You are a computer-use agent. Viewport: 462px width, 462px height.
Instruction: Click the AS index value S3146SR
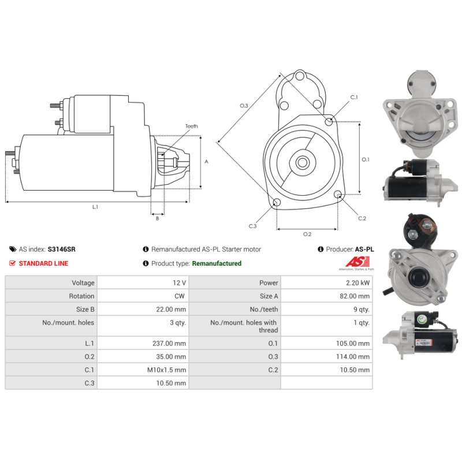[61, 249]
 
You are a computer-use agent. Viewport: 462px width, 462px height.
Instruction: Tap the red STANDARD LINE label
[43, 263]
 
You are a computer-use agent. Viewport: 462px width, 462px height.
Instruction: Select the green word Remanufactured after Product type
[217, 263]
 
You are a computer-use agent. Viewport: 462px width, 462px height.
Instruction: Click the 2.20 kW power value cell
[357, 283]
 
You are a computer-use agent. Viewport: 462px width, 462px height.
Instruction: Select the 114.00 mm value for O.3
[354, 357]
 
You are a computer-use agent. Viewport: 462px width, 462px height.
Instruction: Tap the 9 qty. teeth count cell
[360, 310]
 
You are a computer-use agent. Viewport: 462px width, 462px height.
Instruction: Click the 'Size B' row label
[82, 310]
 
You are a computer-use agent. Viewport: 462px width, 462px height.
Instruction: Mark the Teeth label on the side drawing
[191, 126]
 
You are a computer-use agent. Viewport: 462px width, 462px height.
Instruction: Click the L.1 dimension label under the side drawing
[95, 207]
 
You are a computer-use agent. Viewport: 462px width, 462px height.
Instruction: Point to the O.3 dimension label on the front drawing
[244, 106]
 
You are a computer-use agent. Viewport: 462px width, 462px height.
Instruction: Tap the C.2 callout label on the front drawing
[362, 218]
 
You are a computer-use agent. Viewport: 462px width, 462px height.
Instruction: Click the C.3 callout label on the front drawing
[252, 226]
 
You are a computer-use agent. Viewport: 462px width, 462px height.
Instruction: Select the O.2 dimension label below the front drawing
[307, 234]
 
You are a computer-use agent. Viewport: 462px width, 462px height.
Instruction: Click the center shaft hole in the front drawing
[302, 163]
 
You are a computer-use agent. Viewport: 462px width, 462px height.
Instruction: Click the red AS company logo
[349, 263]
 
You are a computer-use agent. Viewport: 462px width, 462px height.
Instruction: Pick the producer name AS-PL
[364, 249]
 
